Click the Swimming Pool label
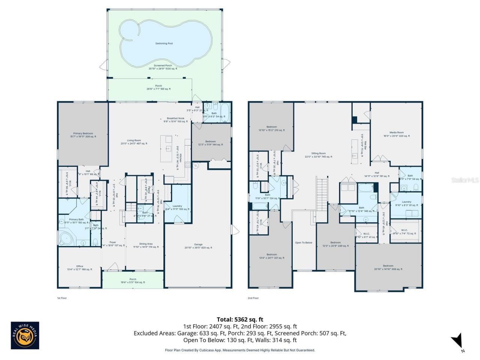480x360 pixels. pyautogui.click(x=164, y=43)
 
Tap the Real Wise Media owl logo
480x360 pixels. pyautogui.click(x=25, y=335)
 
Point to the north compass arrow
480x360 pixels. pyautogui.click(x=457, y=341)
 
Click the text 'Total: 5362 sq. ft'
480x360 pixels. pyautogui.click(x=240, y=319)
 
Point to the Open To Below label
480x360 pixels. pyautogui.click(x=303, y=243)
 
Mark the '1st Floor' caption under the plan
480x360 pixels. pyautogui.click(x=62, y=298)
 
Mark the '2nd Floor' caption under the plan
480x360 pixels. pyautogui.click(x=253, y=298)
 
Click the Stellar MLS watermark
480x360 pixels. pyautogui.click(x=465, y=180)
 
